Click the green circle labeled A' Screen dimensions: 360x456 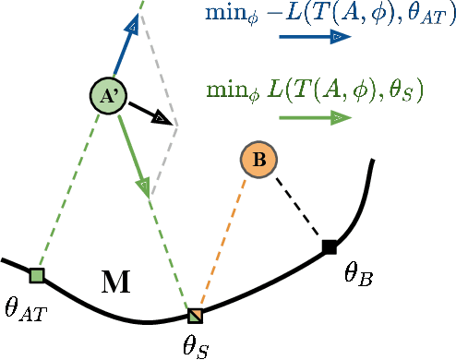click(108, 95)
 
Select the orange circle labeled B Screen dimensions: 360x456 click(258, 160)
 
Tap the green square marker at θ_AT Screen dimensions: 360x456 click(37, 275)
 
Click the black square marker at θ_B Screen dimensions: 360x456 click(329, 246)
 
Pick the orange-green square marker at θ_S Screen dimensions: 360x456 click(195, 316)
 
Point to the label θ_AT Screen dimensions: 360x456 click(24, 308)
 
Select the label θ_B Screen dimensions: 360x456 click(357, 274)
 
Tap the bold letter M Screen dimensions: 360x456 click(114, 282)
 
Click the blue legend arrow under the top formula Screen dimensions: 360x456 click(314, 37)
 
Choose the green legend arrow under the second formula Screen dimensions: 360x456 click(314, 117)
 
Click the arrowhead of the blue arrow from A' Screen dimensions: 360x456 click(133, 26)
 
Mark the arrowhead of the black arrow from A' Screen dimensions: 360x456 click(161, 118)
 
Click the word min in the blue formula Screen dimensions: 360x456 click(222, 13)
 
